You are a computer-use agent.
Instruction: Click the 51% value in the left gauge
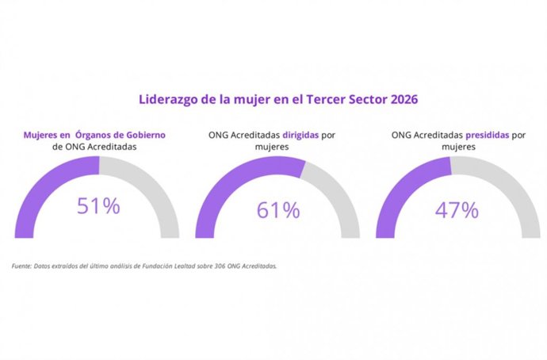[98, 206]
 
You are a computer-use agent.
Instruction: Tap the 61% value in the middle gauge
[278, 210]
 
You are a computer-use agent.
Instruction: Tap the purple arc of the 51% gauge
[40, 190]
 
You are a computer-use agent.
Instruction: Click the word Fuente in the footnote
[21, 266]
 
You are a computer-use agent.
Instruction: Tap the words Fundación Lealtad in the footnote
[176, 266]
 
